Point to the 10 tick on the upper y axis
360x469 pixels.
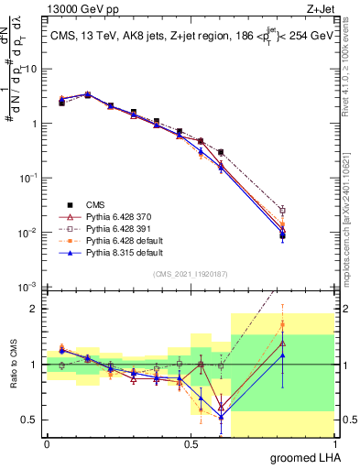(31, 69)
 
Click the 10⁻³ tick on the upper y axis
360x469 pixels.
(29, 287)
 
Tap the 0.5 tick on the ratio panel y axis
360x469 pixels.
(33, 420)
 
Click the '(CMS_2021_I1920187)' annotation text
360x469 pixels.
(190, 274)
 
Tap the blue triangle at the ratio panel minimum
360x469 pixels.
(222, 417)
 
